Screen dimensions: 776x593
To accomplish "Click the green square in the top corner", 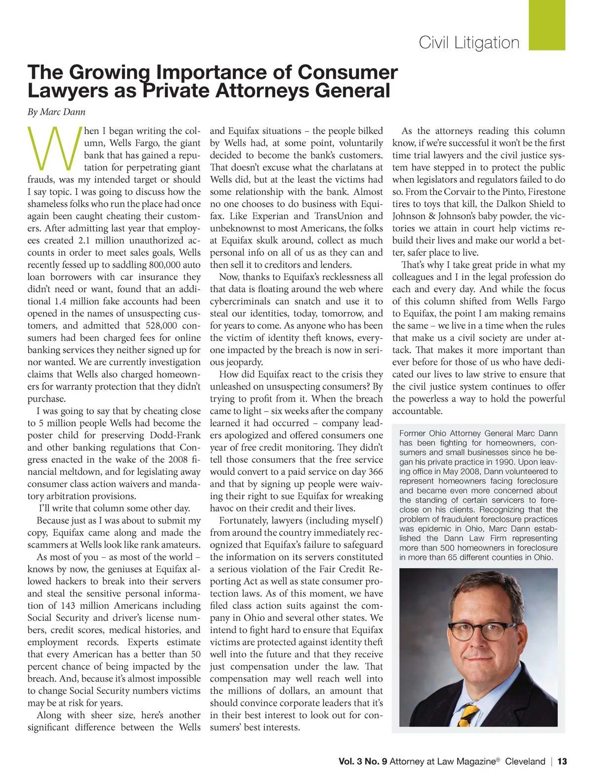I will pos(547,25).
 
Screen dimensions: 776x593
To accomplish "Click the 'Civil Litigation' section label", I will pos(469,43).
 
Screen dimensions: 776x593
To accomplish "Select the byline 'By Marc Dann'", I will pos(56,112).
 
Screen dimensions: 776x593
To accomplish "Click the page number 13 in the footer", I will pos(562,761).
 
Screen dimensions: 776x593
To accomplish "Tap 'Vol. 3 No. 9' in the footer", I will pos(363,761).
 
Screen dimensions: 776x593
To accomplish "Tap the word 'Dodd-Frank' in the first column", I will pos(175,435).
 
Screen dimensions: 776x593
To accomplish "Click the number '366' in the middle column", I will pos(375,472).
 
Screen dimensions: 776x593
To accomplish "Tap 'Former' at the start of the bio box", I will pos(412,433).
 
